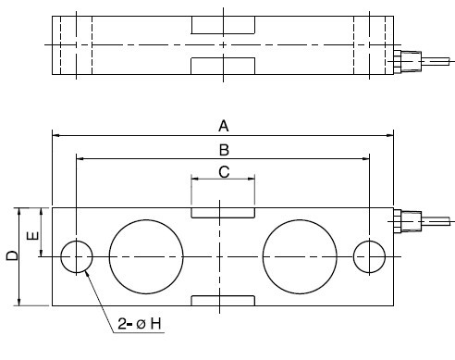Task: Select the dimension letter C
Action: [222, 171]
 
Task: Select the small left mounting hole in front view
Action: [77, 256]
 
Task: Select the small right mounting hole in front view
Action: [370, 256]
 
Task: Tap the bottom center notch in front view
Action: [222, 300]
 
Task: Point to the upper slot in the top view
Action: [222, 25]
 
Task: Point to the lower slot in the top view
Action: [222, 64]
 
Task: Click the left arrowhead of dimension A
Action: [56, 135]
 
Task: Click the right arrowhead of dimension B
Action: [365, 158]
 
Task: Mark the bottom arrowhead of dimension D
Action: [20, 302]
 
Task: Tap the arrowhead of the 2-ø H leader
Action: [87, 275]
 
